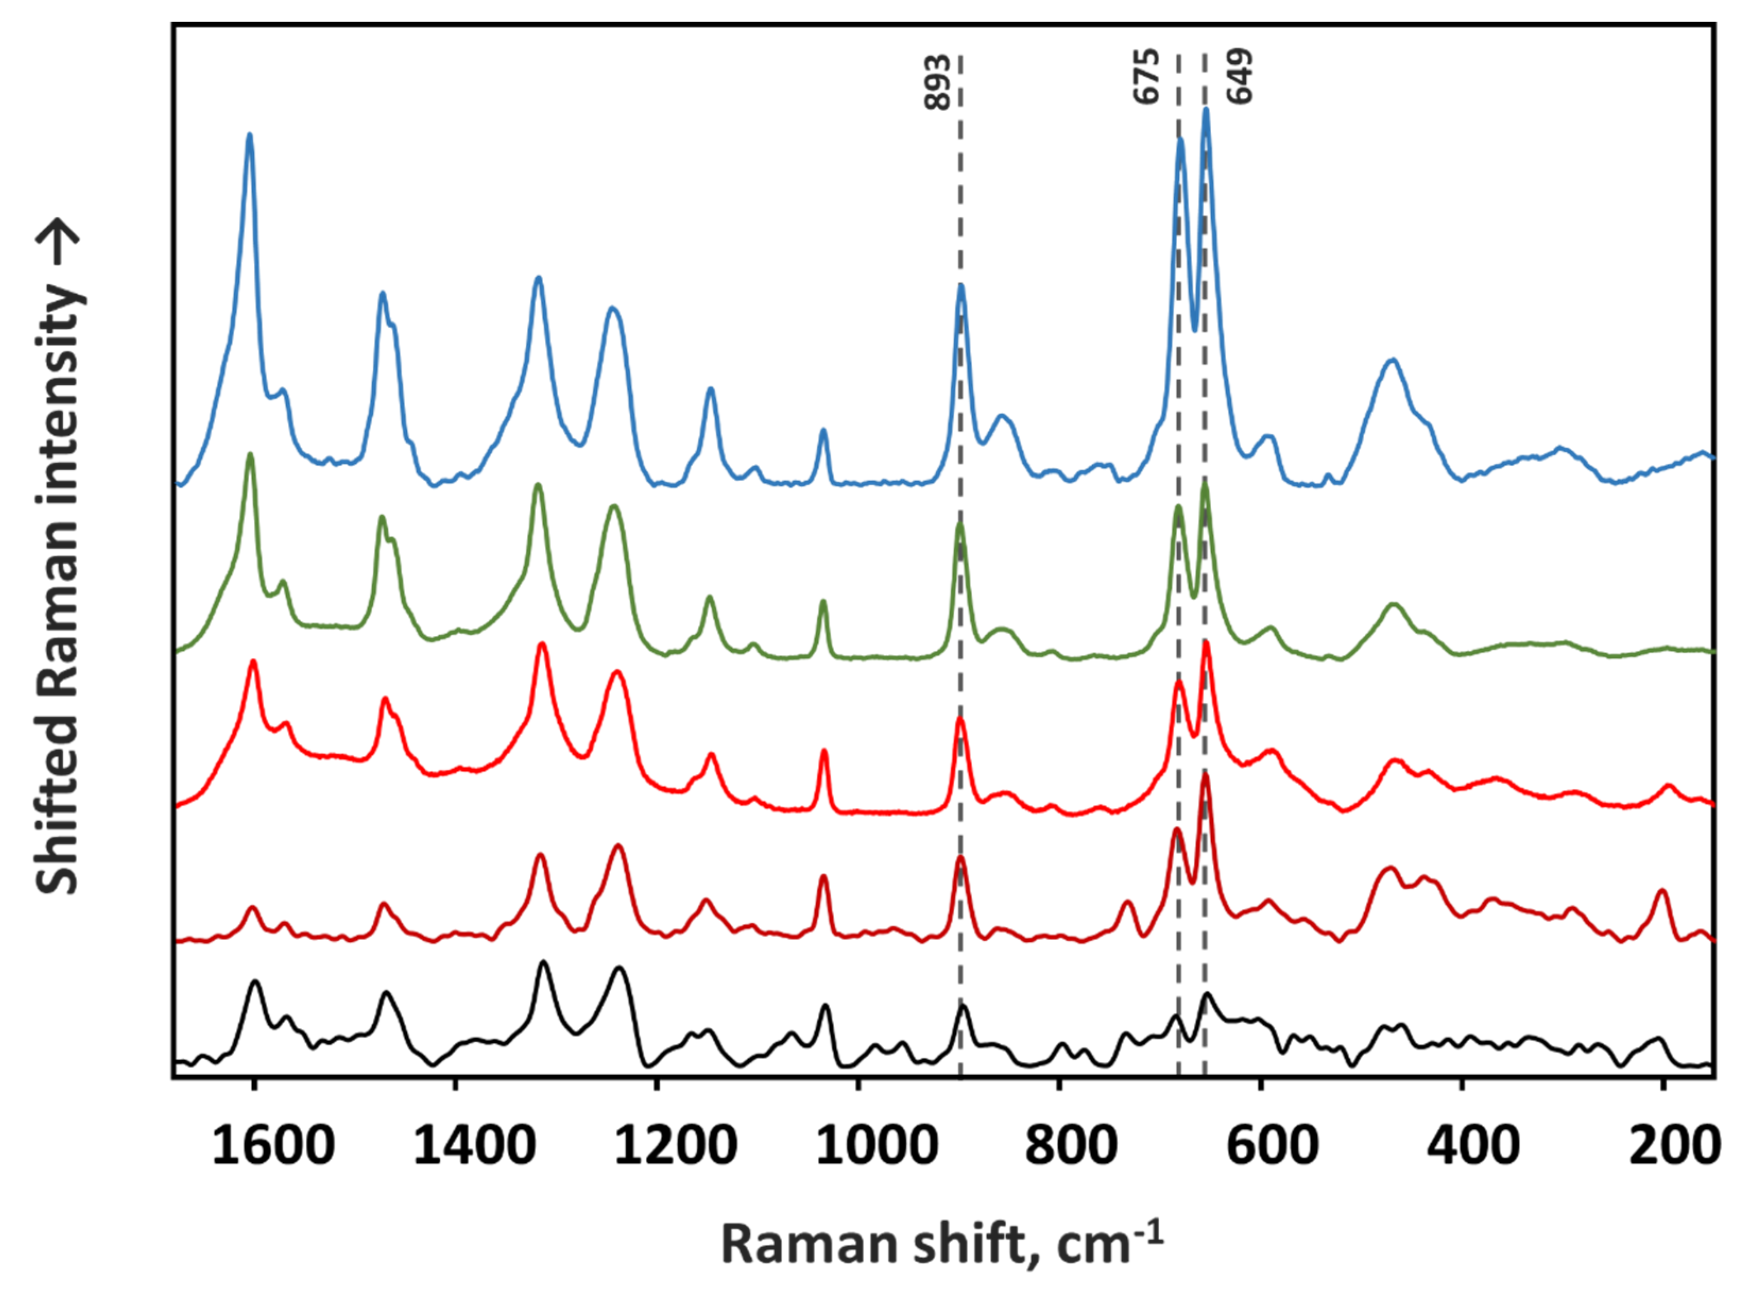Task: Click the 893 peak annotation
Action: tap(937, 82)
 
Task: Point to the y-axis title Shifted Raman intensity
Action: tap(59, 588)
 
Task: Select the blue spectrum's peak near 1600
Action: tap(250, 135)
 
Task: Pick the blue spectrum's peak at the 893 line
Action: tap(961, 286)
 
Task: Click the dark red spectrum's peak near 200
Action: tap(1662, 891)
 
